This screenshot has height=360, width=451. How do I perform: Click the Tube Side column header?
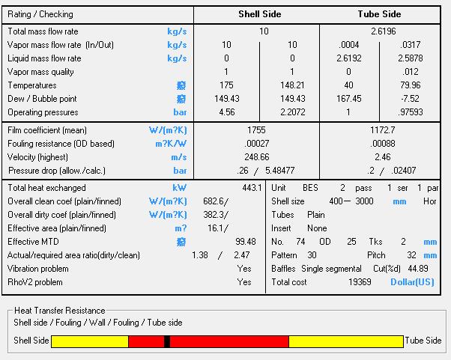click(379, 13)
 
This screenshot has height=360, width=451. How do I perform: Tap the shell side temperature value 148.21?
click(292, 85)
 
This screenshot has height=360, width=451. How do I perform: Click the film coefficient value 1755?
click(256, 130)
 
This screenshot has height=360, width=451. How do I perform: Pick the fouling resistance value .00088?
click(382, 144)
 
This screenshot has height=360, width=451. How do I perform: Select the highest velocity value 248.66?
click(256, 157)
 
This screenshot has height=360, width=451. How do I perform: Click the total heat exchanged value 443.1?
click(251, 188)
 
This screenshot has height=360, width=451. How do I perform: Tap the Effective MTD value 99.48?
click(245, 242)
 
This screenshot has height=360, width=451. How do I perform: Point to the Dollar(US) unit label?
click(412, 282)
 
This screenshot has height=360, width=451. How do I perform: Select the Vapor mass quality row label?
click(40, 72)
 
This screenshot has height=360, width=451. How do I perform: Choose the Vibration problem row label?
click(38, 269)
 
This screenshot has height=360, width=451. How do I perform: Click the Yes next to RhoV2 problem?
click(244, 282)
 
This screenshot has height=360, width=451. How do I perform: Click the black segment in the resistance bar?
click(167, 341)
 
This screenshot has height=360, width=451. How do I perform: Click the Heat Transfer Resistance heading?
click(60, 311)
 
